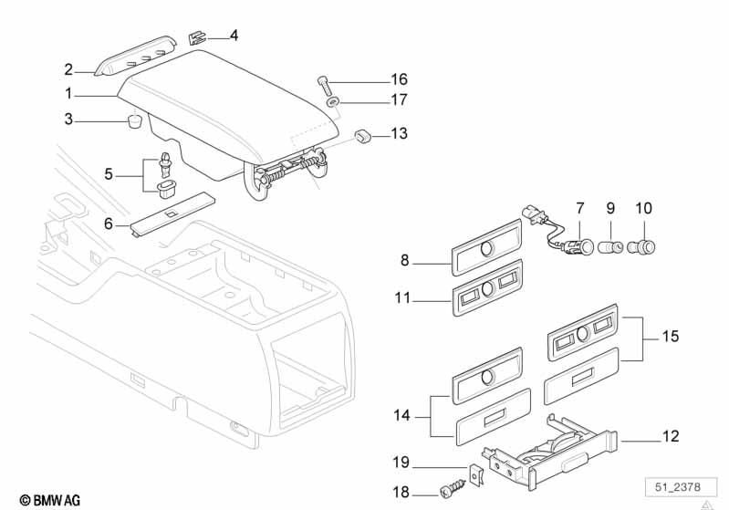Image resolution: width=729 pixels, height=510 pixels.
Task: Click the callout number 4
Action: click(234, 36)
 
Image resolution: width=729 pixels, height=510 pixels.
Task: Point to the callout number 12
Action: click(671, 437)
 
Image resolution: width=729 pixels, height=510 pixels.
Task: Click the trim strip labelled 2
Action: click(137, 57)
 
